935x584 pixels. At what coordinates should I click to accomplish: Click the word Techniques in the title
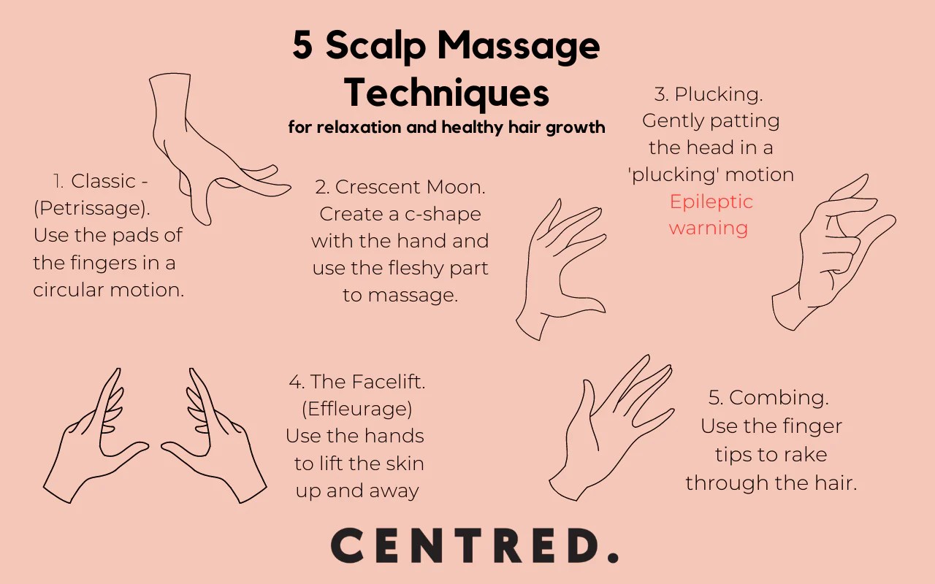coord(446,93)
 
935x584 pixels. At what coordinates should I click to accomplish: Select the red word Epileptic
coord(711,201)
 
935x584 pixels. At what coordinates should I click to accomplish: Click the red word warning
coord(708,228)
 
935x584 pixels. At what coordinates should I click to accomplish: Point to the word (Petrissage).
coord(91,208)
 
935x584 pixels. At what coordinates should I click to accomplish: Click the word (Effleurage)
coord(356,408)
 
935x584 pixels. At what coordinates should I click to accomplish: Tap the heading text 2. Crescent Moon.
coord(400,187)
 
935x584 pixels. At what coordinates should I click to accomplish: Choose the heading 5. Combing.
coord(768,398)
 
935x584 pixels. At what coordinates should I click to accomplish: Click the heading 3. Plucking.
coord(709,94)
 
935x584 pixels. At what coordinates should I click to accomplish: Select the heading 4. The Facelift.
coord(356,381)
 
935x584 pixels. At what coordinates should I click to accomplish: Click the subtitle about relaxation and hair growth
coord(446,127)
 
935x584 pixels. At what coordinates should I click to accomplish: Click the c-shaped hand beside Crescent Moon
coord(559,270)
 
